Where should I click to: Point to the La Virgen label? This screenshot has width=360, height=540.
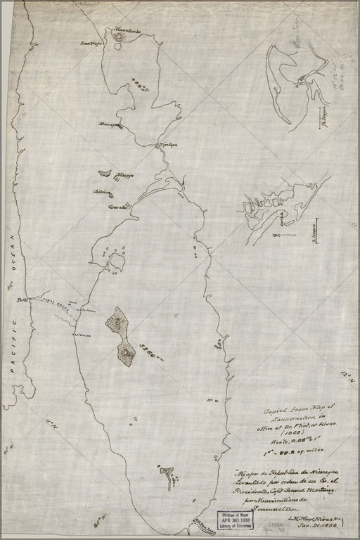82,335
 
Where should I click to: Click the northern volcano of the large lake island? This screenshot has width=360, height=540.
117,321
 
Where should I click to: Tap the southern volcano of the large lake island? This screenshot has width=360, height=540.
125,352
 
